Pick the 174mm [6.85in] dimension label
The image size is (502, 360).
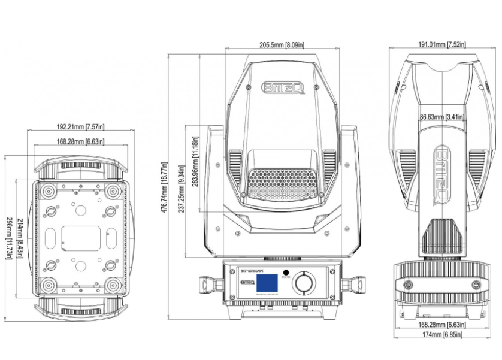click(441, 333)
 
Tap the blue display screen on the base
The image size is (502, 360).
click(269, 283)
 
